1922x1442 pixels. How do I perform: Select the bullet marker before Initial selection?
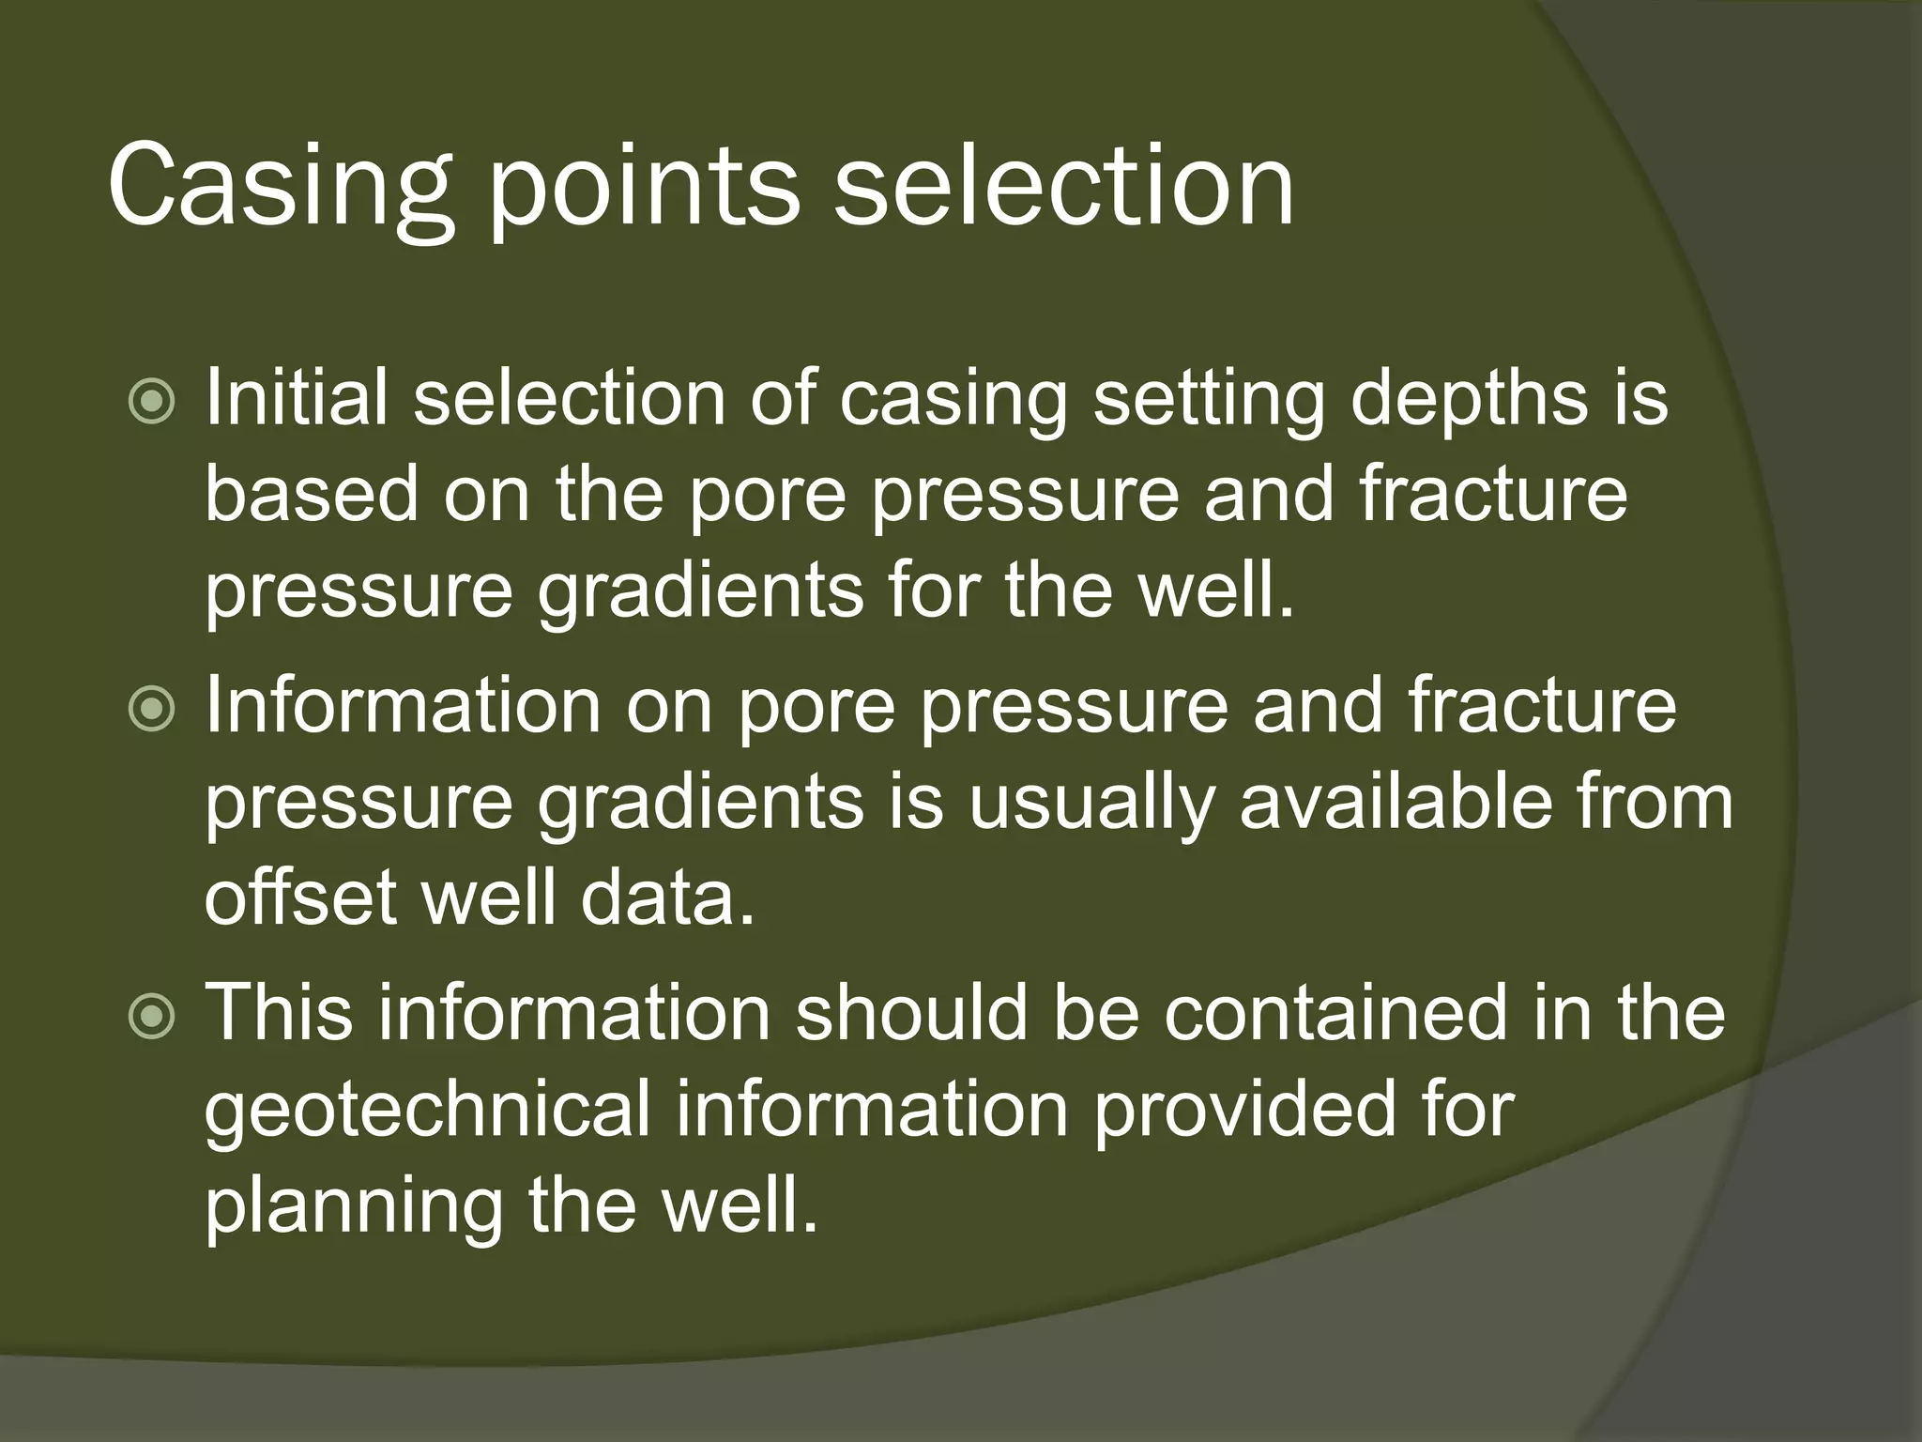click(x=151, y=402)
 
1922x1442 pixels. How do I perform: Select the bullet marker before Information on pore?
click(x=151, y=710)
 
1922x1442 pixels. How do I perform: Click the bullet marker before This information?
click(x=151, y=1018)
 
